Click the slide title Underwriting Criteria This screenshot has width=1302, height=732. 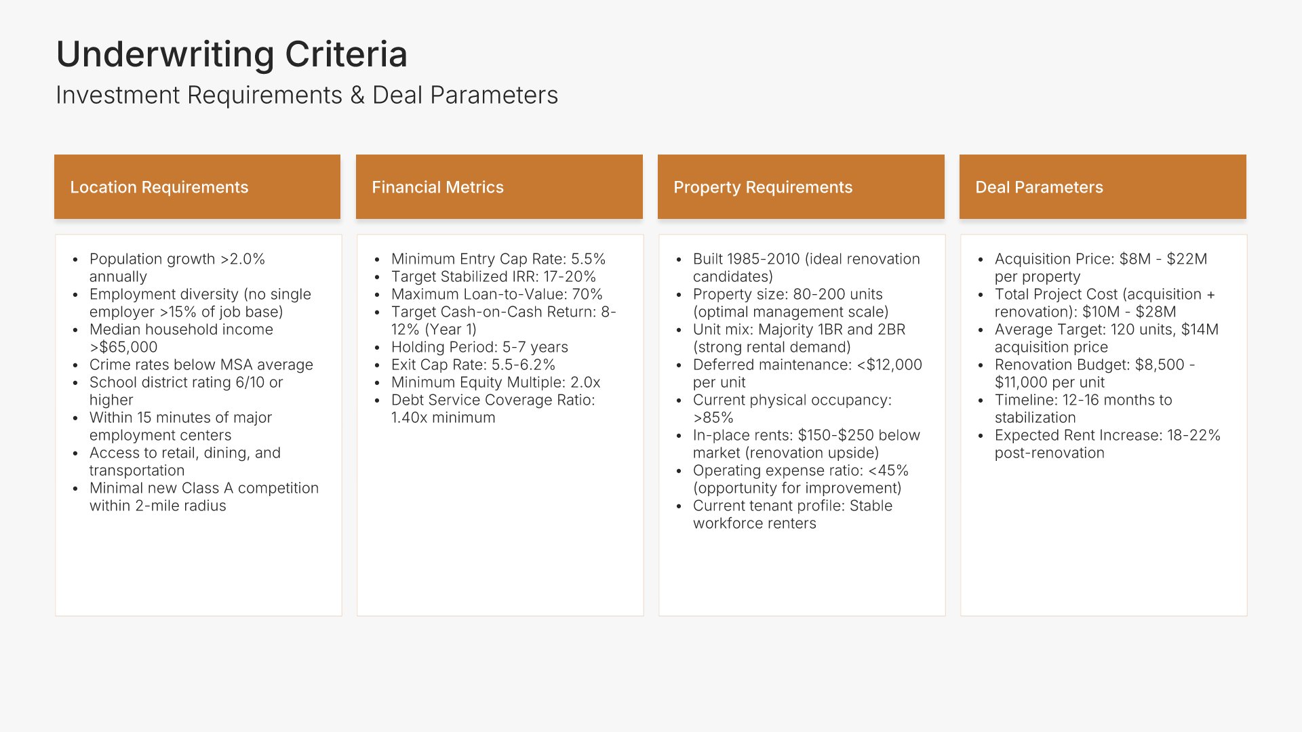point(232,54)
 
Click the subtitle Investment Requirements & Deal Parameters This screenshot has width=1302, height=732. point(307,96)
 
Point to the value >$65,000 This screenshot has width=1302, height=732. point(123,347)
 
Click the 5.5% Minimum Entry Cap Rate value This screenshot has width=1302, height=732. point(588,259)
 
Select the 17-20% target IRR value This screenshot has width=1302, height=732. point(570,277)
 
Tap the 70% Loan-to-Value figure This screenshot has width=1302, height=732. point(587,294)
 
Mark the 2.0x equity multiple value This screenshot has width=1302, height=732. point(585,382)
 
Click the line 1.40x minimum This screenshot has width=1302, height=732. point(443,418)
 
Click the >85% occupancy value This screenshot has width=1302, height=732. point(713,418)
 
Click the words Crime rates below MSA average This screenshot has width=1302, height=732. point(201,365)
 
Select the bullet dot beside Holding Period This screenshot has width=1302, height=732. point(377,348)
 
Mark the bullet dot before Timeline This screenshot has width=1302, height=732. point(981,401)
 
